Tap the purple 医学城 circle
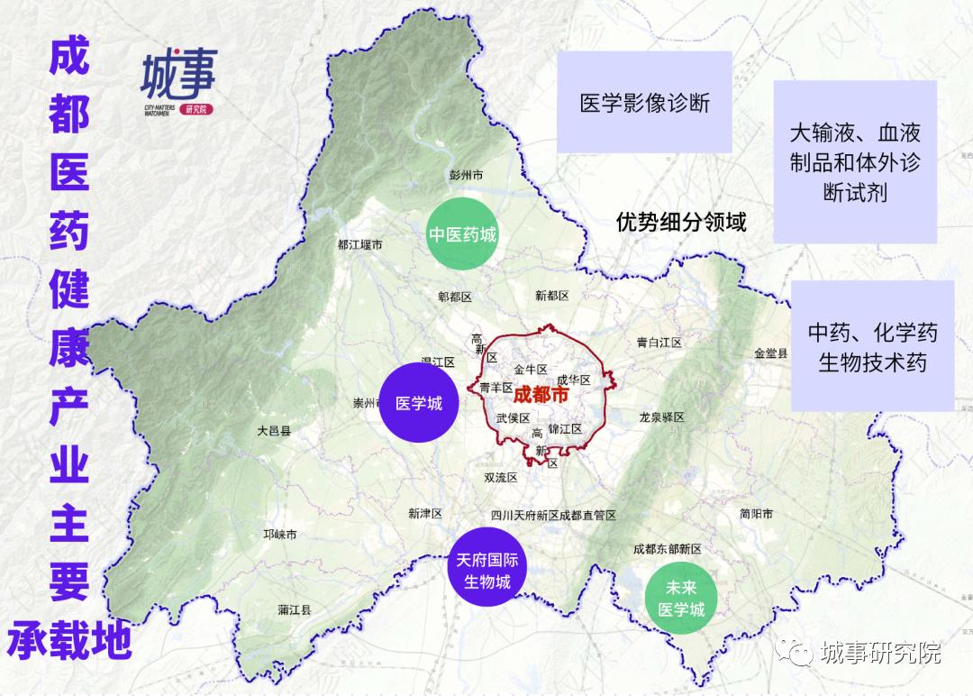(420, 404)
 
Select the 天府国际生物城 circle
(487, 571)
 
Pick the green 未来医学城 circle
(681, 598)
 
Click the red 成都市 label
(540, 395)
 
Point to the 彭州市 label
(466, 175)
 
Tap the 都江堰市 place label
(359, 244)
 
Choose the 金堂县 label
(771, 353)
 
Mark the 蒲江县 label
(295, 609)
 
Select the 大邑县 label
(274, 431)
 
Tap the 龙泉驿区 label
(662, 417)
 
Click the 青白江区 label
(659, 343)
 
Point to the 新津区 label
(425, 514)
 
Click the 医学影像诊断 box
(645, 102)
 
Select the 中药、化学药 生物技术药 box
(872, 347)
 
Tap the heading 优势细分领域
(681, 222)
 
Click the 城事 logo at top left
(178, 81)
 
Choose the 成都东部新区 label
(668, 548)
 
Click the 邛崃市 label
(279, 535)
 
